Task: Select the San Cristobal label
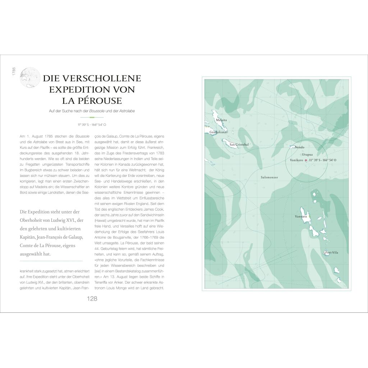pyautogui.click(x=239, y=145)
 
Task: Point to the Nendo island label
pyautogui.click(x=299, y=147)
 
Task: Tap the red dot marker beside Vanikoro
pyautogui.click(x=306, y=160)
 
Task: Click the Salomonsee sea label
pyautogui.click(x=269, y=177)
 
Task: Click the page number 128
pyautogui.click(x=92, y=299)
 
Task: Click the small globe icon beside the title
pyautogui.click(x=28, y=77)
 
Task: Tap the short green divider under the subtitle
pyautogui.click(x=92, y=118)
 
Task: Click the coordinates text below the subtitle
pyautogui.click(x=92, y=125)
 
